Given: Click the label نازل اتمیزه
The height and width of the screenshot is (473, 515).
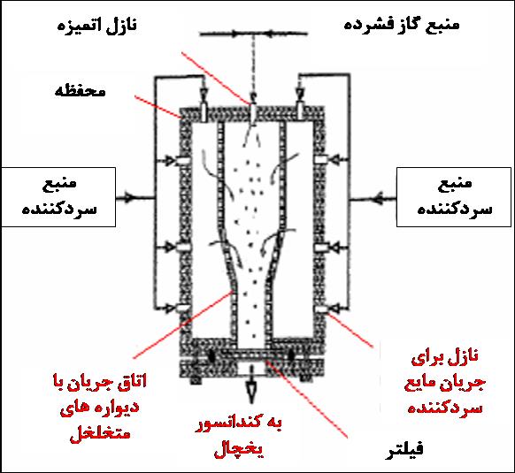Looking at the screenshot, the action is pyautogui.click(x=96, y=26).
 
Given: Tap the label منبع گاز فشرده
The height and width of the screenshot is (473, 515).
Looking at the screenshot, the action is pyautogui.click(x=402, y=25).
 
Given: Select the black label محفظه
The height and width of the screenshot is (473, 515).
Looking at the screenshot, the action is pyautogui.click(x=81, y=91).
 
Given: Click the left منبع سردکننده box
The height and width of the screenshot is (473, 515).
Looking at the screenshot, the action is pyautogui.click(x=58, y=197).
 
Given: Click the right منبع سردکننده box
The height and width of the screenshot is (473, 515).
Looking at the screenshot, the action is pyautogui.click(x=454, y=197).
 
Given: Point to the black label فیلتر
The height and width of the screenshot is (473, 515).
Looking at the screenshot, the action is pyautogui.click(x=404, y=449).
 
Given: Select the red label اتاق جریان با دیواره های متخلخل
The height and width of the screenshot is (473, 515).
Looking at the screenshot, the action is pyautogui.click(x=99, y=407).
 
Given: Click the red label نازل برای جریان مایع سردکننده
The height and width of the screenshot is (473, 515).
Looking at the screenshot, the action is pyautogui.click(x=445, y=383).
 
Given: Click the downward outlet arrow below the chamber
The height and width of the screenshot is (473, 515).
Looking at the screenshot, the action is pyautogui.click(x=251, y=385).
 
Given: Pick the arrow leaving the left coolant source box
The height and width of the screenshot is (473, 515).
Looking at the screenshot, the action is pyautogui.click(x=135, y=198).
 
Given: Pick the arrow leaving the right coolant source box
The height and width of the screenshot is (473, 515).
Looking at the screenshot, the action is pyautogui.click(x=373, y=199).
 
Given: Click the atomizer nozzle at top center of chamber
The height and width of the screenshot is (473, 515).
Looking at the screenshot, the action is pyautogui.click(x=253, y=114).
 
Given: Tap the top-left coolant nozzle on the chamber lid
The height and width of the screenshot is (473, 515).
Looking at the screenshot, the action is pyautogui.click(x=204, y=112).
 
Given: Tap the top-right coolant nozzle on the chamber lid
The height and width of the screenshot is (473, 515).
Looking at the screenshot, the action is pyautogui.click(x=300, y=111).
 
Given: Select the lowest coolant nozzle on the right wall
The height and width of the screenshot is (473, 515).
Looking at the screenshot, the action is pyautogui.click(x=321, y=309).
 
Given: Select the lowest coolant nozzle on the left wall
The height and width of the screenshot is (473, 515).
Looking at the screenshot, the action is pyautogui.click(x=183, y=309).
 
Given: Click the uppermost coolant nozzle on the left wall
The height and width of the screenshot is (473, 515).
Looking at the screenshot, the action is pyautogui.click(x=183, y=161).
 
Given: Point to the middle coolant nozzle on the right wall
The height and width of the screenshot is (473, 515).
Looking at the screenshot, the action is pyautogui.click(x=321, y=248).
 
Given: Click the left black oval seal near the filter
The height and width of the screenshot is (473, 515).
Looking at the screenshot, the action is pyautogui.click(x=211, y=356).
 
